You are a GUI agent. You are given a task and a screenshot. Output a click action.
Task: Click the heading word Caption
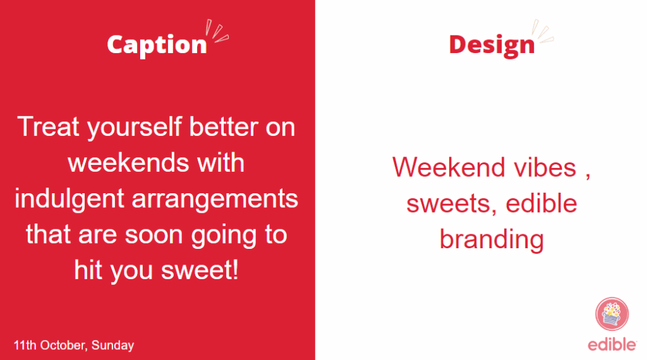(157, 45)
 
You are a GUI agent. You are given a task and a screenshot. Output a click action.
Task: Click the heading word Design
(492, 45)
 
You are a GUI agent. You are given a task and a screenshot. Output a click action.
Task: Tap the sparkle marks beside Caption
(217, 31)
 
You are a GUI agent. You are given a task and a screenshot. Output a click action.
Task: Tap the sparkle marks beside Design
(543, 31)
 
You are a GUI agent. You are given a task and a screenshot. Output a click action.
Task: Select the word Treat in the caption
(48, 126)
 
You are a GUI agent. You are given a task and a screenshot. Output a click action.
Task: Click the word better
(223, 126)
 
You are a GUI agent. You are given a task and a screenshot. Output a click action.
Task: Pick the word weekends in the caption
(128, 162)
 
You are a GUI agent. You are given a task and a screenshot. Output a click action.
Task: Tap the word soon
(154, 235)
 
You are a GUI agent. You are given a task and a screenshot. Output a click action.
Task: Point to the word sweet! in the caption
(200, 270)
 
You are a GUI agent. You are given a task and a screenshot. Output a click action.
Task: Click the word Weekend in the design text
(449, 167)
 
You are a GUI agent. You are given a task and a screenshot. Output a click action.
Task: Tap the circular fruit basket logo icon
(612, 314)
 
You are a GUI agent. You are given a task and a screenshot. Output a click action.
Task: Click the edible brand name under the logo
(612, 344)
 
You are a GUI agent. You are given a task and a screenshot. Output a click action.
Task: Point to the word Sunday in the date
(112, 345)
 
